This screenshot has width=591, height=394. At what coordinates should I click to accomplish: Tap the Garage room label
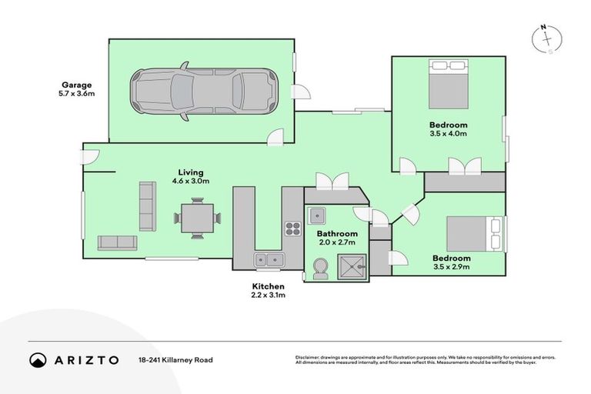coord(77,85)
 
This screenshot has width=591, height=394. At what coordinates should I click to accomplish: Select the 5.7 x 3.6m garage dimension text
coord(77,94)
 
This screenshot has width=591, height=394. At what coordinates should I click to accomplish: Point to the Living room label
coord(190,172)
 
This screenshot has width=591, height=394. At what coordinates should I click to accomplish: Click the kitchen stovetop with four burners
coord(293,228)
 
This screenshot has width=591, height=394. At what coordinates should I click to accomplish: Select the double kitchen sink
coord(269,260)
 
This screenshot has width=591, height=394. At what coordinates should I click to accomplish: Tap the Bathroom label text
coord(337,234)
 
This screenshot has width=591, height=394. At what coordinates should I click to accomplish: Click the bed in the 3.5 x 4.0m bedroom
coord(448,86)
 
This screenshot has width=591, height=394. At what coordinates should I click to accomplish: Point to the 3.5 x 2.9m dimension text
coord(450,268)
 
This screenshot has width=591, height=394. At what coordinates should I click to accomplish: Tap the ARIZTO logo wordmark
coord(85,360)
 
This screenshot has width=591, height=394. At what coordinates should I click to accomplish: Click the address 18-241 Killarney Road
coord(176,360)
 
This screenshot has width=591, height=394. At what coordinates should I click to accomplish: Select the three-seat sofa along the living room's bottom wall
coord(117,242)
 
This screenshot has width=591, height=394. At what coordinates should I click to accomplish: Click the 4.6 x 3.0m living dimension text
coord(190,181)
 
